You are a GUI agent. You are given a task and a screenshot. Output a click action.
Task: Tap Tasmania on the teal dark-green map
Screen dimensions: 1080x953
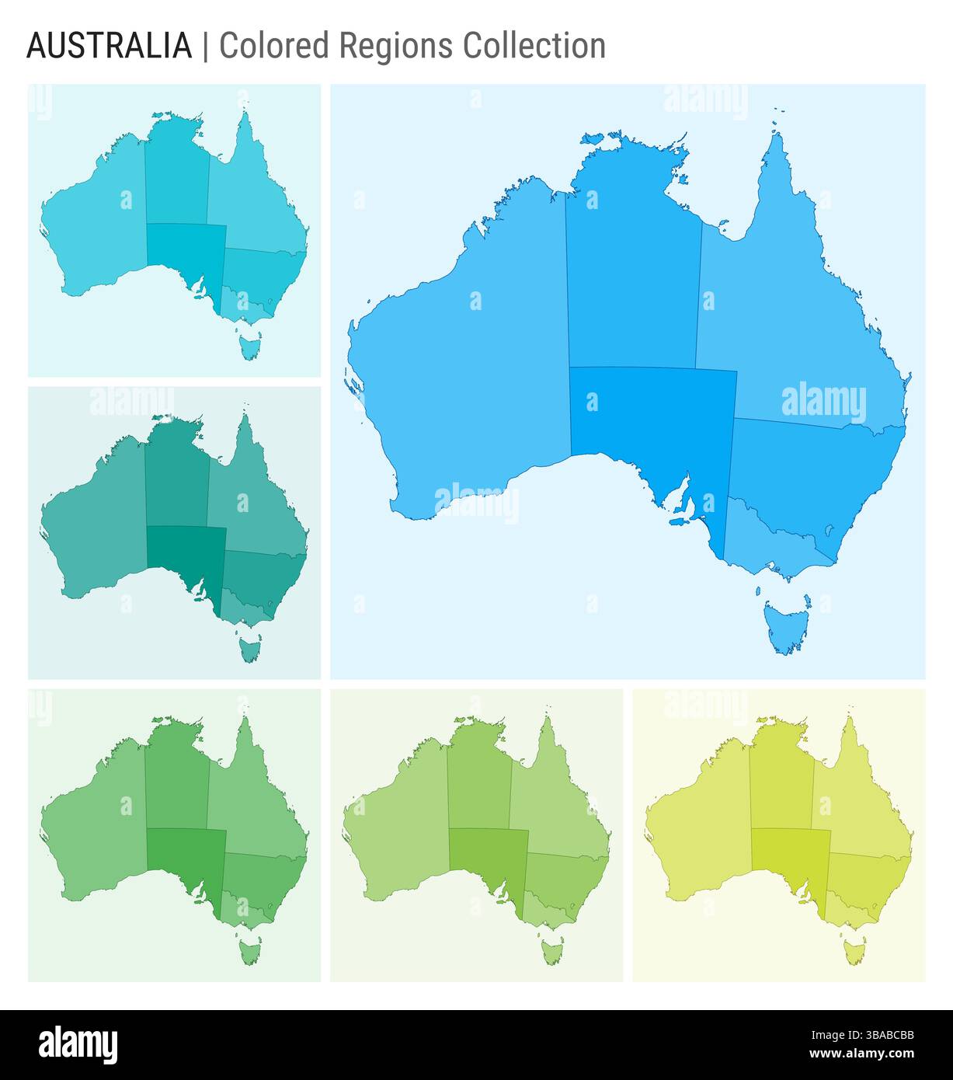coord(250,648)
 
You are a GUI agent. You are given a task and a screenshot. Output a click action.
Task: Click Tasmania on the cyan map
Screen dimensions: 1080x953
coord(250,345)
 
